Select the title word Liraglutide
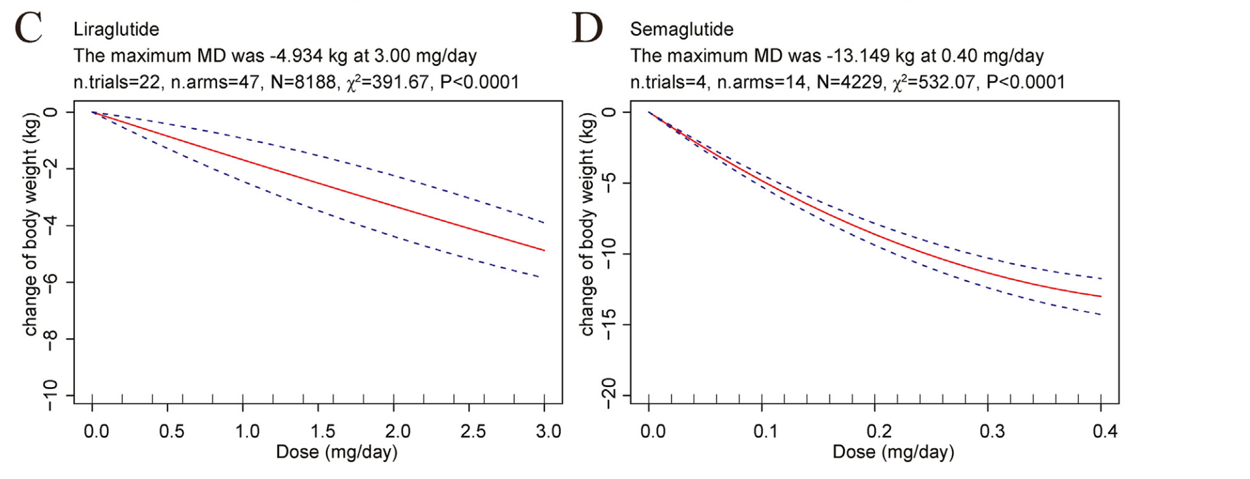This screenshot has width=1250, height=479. pos(116,29)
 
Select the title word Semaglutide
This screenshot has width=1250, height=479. pos(681,29)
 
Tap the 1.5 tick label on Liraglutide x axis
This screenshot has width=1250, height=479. pos(322,431)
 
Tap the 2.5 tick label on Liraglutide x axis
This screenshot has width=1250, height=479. pos(473,431)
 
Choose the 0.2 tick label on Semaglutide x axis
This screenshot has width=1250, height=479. pos(878,431)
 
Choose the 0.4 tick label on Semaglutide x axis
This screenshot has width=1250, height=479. pos(1105,431)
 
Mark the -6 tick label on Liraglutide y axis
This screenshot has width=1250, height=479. pos(50,282)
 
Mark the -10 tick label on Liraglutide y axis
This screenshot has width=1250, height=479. pos(50,395)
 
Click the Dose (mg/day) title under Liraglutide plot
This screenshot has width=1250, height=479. pos(336,452)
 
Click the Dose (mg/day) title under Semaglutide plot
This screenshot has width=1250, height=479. pos(893,452)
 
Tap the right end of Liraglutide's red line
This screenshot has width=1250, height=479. pos(544,250)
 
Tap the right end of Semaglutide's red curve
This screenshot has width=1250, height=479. pos(1101,297)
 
